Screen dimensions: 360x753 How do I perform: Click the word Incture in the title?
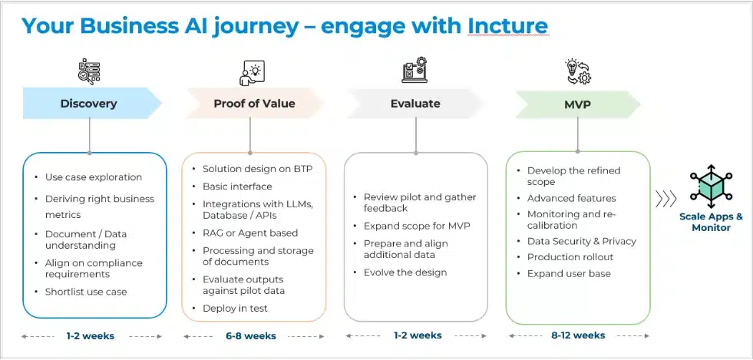507,25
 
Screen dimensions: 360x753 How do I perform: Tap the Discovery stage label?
88,103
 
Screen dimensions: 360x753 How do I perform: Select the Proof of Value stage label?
254,103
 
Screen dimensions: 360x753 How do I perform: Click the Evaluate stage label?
415,103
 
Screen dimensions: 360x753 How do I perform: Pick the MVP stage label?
577,103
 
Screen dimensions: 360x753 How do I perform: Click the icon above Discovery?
89,71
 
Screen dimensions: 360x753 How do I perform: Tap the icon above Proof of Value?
253,71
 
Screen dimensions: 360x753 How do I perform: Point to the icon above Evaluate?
415,71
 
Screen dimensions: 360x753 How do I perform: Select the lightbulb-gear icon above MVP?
577,71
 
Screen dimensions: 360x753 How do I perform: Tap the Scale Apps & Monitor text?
711,222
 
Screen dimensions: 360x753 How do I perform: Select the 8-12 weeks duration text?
579,335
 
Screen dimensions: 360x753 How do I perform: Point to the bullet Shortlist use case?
86,291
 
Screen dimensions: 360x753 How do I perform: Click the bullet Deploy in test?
235,308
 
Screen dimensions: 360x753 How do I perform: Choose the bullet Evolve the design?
405,272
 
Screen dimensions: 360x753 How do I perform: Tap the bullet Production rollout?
570,256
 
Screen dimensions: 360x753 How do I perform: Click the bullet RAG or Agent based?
249,233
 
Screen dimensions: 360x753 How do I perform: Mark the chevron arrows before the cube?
665,200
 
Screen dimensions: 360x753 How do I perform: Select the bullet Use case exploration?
94,177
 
